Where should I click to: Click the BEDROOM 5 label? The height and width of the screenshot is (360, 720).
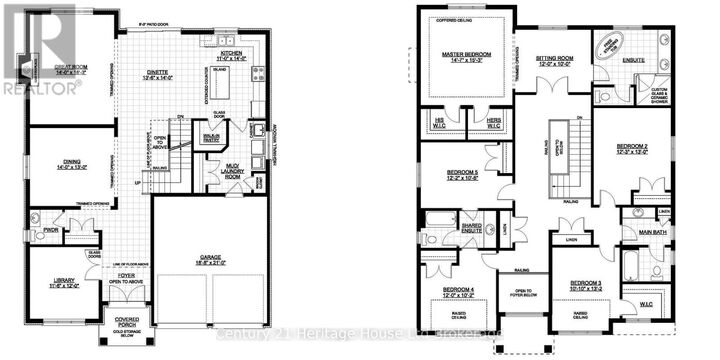(x=462, y=175)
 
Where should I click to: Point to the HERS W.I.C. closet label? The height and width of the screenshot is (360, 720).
(x=495, y=122)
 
